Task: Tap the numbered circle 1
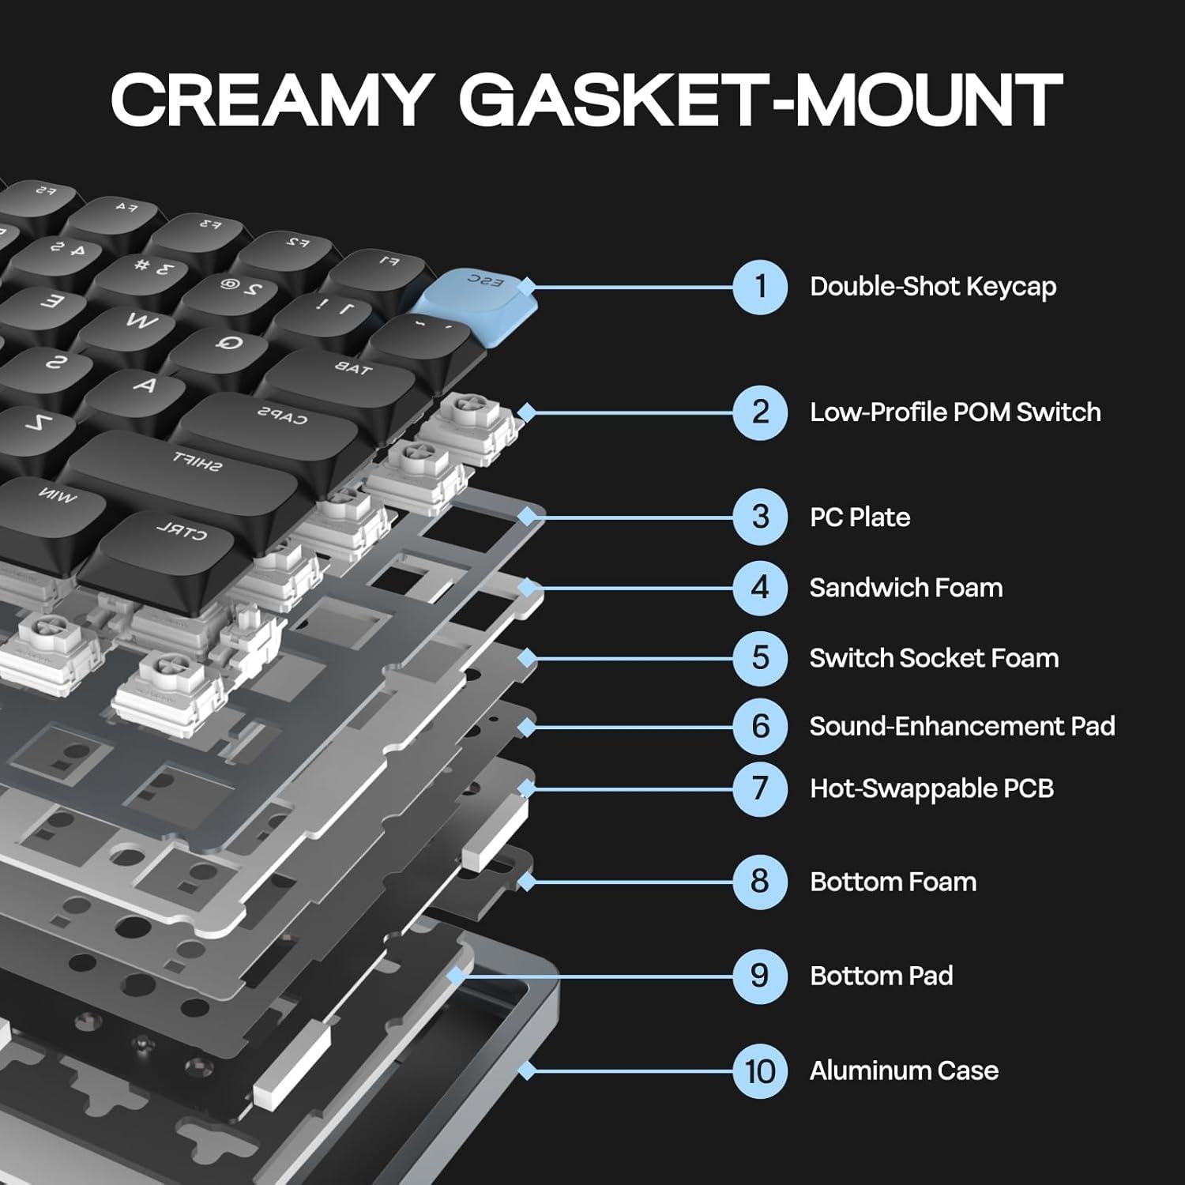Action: [x=759, y=287]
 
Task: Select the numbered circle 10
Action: [x=759, y=1071]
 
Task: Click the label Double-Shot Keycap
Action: [x=933, y=287]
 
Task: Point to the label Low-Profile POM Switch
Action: [x=955, y=412]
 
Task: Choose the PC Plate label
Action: [x=860, y=517]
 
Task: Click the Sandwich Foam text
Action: [x=906, y=588]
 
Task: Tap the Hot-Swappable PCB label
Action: [x=931, y=788]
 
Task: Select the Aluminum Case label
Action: [x=904, y=1071]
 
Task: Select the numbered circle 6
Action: [x=759, y=726]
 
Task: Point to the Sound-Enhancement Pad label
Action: [x=961, y=726]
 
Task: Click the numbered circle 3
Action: [x=759, y=517]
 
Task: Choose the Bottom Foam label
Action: [x=893, y=882]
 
